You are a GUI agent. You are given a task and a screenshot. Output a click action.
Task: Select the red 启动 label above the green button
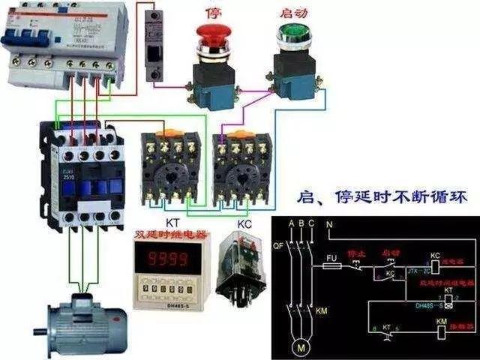[293, 13]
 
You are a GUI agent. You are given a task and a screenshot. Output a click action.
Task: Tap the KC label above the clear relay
[244, 223]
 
